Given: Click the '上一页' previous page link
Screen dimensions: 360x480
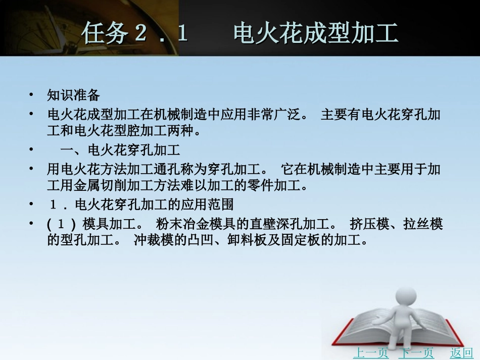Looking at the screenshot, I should pyautogui.click(x=370, y=352).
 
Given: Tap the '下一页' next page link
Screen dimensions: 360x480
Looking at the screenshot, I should pyautogui.click(x=416, y=352).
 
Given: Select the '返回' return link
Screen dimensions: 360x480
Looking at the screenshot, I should pyautogui.click(x=461, y=352).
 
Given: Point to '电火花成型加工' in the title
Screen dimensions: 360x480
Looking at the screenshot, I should pyautogui.click(x=316, y=33).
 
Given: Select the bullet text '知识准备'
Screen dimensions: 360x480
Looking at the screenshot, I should pyautogui.click(x=74, y=95).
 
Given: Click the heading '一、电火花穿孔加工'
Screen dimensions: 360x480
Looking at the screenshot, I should pyautogui.click(x=120, y=150).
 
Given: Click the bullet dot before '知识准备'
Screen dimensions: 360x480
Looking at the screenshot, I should pyautogui.click(x=32, y=95).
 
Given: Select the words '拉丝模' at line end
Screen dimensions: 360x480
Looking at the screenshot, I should pyautogui.click(x=423, y=224).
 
